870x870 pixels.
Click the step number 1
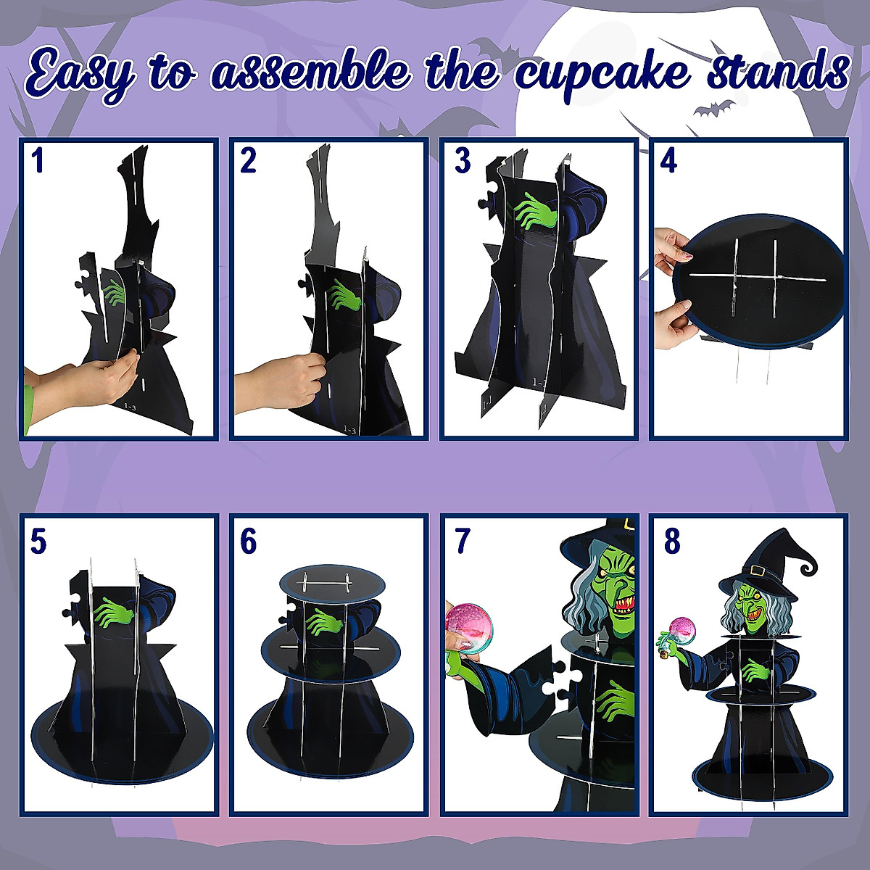pos(38,161)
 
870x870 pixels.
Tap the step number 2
pos(248,161)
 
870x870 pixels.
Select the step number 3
pos(463,161)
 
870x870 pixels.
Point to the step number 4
pos(668,161)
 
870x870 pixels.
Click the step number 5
pos(38,541)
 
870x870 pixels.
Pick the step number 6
pos(249,541)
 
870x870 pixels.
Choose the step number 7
pos(463,541)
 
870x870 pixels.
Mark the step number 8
pos(672,541)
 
